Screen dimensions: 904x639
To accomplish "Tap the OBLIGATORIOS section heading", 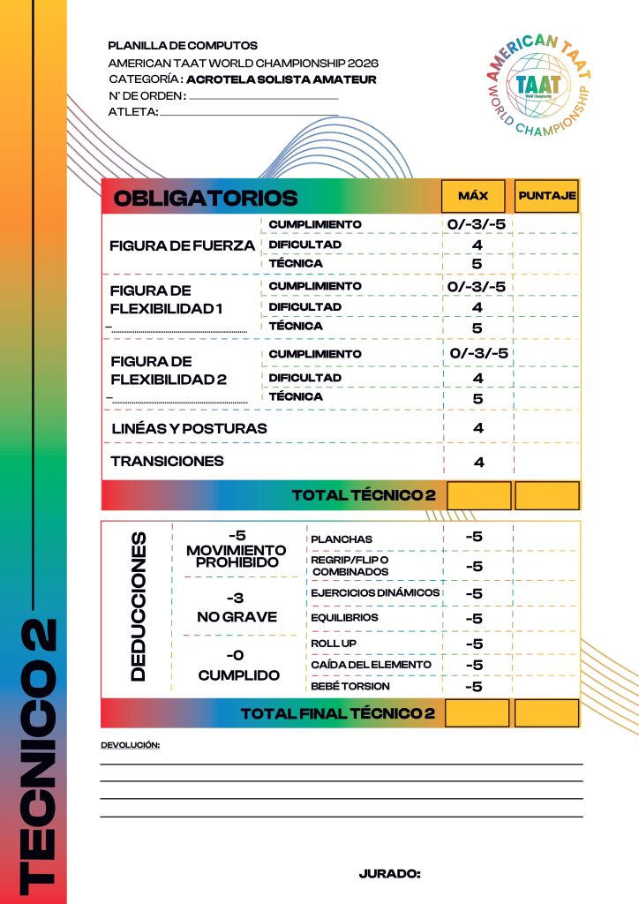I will (x=206, y=198).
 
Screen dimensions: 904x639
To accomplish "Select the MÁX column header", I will (x=473, y=195).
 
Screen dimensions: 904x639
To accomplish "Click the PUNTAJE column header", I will (x=547, y=195).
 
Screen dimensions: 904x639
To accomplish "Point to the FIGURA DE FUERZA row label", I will (x=182, y=245).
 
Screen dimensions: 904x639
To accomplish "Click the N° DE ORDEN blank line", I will (x=264, y=97).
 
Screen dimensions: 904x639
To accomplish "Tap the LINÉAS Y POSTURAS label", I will (x=188, y=429).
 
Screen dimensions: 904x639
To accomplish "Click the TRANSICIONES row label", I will (x=167, y=461).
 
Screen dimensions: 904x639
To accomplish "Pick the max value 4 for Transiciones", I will (x=478, y=462).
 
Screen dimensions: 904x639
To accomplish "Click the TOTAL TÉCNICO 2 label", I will (x=364, y=496).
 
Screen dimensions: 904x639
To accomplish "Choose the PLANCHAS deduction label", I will (x=342, y=539).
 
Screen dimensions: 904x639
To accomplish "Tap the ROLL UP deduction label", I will (x=334, y=644).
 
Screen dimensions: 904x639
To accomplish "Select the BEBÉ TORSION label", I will (x=350, y=686).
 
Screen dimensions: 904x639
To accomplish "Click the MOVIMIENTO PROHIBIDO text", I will (x=237, y=556).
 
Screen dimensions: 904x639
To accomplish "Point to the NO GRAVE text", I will (x=237, y=617).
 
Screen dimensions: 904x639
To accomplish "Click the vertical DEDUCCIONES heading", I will (x=138, y=605).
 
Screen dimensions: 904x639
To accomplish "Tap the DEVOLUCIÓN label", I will (x=130, y=745).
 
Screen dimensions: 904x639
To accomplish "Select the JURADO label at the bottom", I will (x=389, y=874).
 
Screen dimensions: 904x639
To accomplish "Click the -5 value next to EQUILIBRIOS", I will (x=474, y=618).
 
